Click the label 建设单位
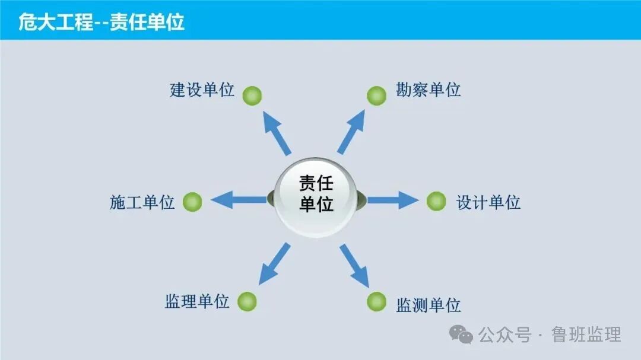(x=202, y=91)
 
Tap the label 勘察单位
(x=428, y=90)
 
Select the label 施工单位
(x=142, y=203)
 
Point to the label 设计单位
(x=488, y=203)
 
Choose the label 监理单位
(x=197, y=301)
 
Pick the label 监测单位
(x=428, y=305)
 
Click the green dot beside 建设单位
(x=252, y=95)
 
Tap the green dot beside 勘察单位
(x=376, y=95)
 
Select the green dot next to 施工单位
(x=192, y=202)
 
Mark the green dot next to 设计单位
(x=436, y=202)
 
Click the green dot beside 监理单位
(x=247, y=301)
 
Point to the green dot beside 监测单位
(x=376, y=301)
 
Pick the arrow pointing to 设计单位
(x=392, y=200)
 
